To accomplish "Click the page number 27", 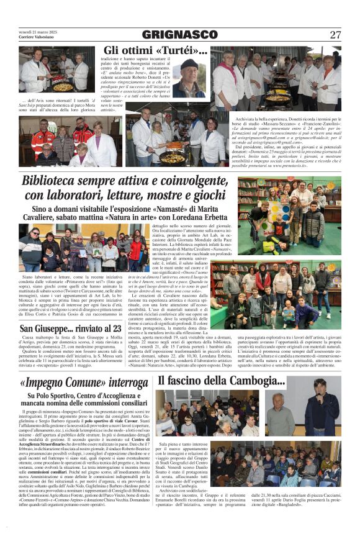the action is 335,35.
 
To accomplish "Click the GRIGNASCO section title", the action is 180,35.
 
